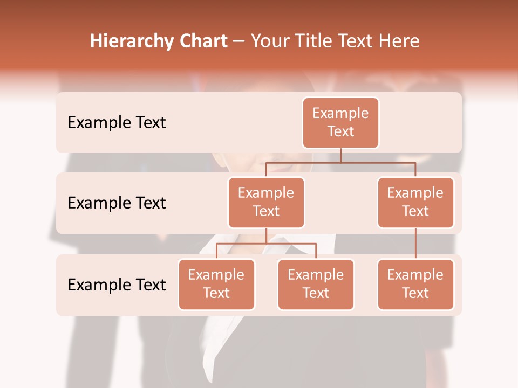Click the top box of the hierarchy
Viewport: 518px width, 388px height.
click(340, 122)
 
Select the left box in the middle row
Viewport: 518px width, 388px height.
click(266, 202)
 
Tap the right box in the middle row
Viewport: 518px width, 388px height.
click(415, 202)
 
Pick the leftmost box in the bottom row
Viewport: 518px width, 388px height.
click(216, 284)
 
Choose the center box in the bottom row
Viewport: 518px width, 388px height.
click(316, 284)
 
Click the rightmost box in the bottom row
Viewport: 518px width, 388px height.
click(415, 284)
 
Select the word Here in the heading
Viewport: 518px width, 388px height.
click(399, 41)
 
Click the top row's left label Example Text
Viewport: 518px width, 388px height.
click(117, 123)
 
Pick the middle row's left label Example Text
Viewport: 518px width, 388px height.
click(117, 203)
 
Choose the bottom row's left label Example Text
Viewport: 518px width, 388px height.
click(117, 285)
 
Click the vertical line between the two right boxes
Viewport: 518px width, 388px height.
click(415, 244)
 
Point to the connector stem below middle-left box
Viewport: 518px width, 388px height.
click(266, 236)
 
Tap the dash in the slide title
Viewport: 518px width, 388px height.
click(239, 41)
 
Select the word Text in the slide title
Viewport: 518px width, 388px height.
click(358, 41)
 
